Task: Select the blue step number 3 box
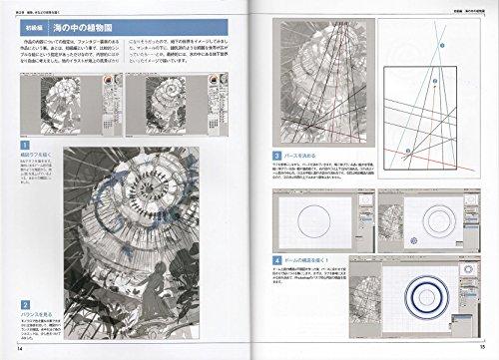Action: point(276,158)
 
